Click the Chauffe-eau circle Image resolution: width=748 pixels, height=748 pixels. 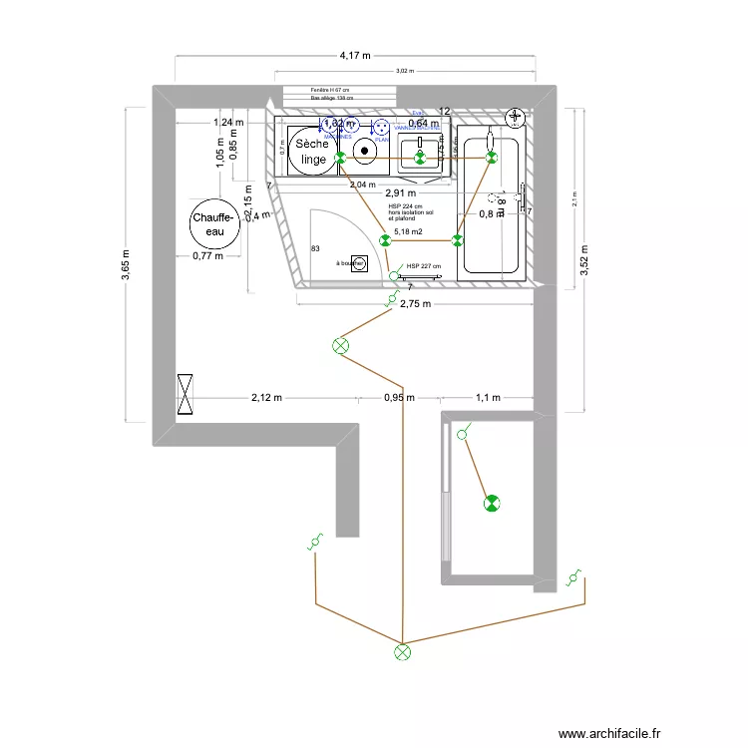tap(214, 224)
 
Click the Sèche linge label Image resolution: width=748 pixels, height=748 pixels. tap(312, 152)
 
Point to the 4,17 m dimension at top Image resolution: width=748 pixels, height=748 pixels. tap(355, 57)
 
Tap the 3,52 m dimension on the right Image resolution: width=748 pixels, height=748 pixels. tap(583, 258)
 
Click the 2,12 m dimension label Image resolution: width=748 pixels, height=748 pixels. tap(266, 398)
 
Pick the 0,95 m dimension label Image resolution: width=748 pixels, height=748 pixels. tap(399, 398)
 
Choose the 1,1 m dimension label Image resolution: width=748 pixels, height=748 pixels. tap(488, 398)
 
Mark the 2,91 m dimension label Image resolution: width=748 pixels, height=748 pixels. tap(399, 193)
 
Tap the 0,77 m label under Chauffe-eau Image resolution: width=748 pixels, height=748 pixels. tap(206, 256)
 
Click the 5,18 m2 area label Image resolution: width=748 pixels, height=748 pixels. tap(408, 231)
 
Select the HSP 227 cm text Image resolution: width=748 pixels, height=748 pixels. tap(424, 266)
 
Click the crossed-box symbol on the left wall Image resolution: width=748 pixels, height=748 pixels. tap(187, 394)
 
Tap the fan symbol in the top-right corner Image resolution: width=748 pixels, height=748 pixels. tap(515, 118)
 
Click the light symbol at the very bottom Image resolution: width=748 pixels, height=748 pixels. tap(402, 652)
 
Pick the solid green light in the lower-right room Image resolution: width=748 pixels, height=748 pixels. tap(490, 504)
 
